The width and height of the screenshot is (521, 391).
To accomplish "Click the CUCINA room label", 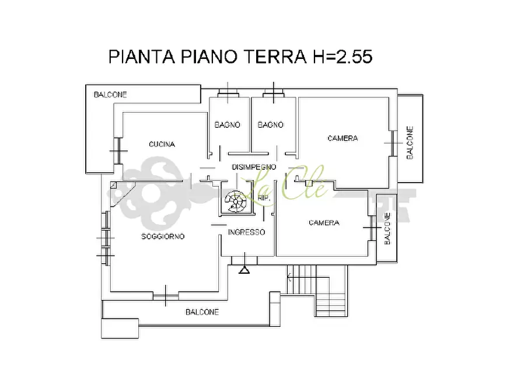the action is [x=162, y=144].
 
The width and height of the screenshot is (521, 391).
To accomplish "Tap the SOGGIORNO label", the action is [x=163, y=236].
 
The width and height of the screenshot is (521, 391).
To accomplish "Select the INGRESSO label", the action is [x=246, y=232].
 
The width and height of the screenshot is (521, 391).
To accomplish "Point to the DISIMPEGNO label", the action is [x=254, y=167].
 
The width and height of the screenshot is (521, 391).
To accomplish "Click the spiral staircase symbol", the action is [x=235, y=201].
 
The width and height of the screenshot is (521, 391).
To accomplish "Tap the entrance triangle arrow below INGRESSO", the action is [x=244, y=270].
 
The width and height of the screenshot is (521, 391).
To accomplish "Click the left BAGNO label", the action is [x=228, y=125].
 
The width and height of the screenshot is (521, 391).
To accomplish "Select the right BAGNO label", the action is [x=271, y=125].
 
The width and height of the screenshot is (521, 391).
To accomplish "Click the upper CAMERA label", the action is [x=342, y=138].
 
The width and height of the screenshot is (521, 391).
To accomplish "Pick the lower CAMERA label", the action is [x=324, y=223].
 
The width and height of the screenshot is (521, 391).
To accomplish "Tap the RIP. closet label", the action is [x=264, y=198].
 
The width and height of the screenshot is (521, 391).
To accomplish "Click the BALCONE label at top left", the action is [x=110, y=95].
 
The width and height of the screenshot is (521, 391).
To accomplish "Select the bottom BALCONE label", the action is [x=202, y=312].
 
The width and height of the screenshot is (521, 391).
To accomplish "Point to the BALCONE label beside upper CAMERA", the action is [x=410, y=142].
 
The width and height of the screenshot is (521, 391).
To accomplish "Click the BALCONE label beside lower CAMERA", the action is [x=387, y=229].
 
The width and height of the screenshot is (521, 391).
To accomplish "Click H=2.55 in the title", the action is [x=342, y=57].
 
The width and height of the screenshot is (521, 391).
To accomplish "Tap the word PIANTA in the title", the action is [x=142, y=57].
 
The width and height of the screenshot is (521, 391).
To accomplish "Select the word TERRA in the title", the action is [x=275, y=57].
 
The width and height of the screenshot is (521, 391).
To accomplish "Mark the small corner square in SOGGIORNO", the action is [x=114, y=185].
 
